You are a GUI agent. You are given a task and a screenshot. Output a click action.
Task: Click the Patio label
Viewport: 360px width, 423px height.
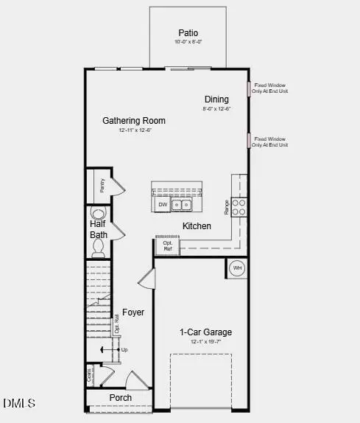coord(188,32)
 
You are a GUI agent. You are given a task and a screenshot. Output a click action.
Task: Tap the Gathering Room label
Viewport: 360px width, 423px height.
coord(134,120)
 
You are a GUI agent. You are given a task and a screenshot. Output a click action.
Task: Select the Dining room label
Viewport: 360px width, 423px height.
coord(216,99)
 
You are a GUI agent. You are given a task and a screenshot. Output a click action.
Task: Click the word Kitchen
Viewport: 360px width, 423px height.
coord(197,226)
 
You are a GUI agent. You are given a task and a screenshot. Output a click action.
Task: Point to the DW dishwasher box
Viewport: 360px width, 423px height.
coord(163,204)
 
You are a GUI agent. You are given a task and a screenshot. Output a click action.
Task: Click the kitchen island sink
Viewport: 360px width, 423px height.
coord(183,204)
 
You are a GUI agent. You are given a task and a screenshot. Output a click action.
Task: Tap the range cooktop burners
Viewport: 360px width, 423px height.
coord(239,207)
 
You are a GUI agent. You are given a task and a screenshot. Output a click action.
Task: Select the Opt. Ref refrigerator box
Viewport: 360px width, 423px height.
coord(167,245)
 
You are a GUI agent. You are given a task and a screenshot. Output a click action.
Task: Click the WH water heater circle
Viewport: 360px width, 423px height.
coord(237,268)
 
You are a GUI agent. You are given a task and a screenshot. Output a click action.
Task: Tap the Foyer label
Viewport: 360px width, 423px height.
coord(133,312)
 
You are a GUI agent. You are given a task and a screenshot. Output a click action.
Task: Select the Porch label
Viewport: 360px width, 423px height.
coord(121,398)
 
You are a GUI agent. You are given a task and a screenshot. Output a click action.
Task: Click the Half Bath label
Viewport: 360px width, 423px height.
coord(99,229)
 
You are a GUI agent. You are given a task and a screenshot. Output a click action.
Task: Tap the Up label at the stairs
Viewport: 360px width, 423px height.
coord(124,349)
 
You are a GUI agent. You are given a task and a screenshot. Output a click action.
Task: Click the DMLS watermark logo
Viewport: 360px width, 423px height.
coord(19,403)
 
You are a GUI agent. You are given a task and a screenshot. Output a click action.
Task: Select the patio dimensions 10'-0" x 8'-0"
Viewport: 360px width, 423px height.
coord(188,42)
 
